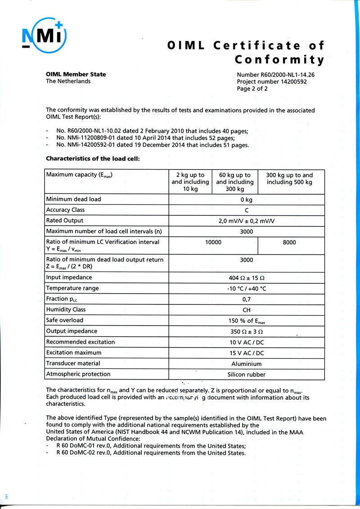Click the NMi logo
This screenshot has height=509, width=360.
click(44, 35)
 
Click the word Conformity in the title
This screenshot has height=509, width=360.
click(279, 60)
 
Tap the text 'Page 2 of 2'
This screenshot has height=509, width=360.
click(252, 89)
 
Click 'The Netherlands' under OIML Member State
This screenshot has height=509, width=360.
click(68, 81)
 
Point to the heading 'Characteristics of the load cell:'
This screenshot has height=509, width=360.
click(93, 158)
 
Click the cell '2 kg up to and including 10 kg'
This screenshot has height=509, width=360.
click(190, 182)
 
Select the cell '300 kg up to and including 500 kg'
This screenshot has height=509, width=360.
click(289, 179)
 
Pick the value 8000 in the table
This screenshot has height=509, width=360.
click(289, 242)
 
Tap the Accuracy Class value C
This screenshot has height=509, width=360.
click(247, 210)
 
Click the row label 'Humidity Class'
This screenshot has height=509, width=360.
click(66, 309)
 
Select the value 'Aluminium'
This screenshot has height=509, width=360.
click(247, 364)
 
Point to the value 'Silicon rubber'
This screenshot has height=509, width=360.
click(247, 375)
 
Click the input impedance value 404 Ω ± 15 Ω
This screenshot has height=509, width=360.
click(247, 278)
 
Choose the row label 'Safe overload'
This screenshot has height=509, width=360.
click(64, 320)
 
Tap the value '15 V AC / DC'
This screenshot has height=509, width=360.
click(247, 353)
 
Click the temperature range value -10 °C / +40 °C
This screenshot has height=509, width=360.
click(247, 289)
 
